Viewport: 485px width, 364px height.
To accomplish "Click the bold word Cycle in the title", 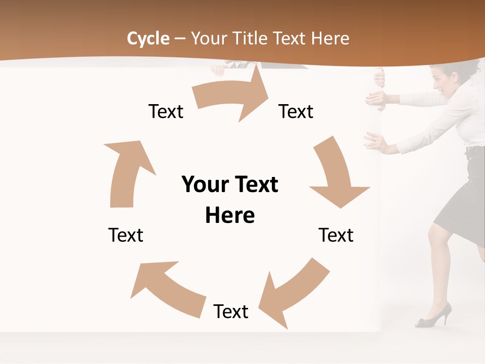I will pos(148,38).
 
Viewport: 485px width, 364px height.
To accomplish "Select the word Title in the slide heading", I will pos(250,38).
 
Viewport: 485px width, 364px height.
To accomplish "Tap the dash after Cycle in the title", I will pos(180,39).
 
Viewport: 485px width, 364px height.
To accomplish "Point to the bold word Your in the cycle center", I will pos(203,185).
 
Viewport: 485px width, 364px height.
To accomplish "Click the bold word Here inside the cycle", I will pos(230,215).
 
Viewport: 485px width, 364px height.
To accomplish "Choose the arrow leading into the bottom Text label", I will pos(293,291).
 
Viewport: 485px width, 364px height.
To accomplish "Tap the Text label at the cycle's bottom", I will pos(231,311).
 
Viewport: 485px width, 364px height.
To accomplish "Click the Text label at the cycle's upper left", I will pos(166,111).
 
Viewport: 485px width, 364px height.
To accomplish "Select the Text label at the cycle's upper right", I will pos(296,111).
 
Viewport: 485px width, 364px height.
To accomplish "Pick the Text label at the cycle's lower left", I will pos(126,235).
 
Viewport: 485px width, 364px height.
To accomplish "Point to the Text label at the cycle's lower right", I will pos(336,235).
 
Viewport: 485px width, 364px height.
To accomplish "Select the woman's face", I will pos(441,81).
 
